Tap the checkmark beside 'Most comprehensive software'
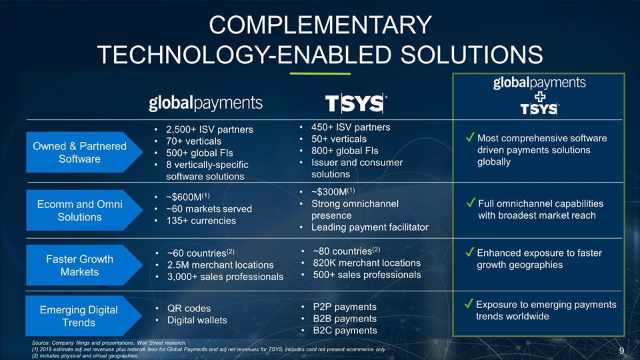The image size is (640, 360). (470, 138)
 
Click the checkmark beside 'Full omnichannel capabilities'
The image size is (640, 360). (471, 202)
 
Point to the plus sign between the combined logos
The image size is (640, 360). (539, 96)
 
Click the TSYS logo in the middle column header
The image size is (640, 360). (356, 103)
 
